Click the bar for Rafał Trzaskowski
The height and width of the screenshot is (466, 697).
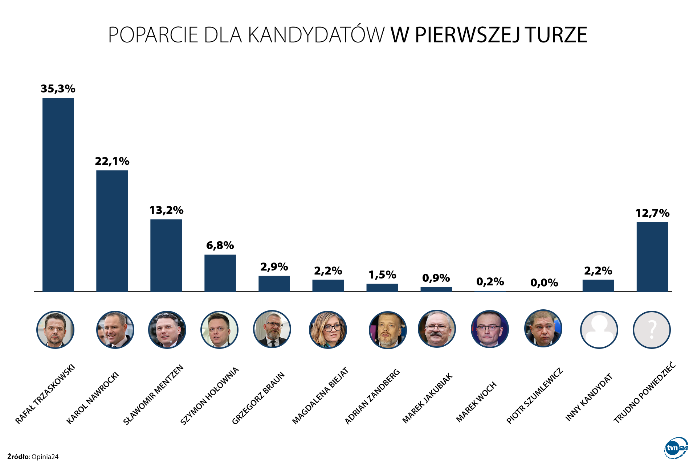(x=58, y=194)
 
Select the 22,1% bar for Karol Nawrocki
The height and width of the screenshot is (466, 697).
(x=112, y=231)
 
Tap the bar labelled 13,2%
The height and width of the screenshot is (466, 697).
(x=166, y=255)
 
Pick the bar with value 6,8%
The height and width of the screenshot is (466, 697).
(x=220, y=273)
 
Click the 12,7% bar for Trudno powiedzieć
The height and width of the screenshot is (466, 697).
(x=652, y=256)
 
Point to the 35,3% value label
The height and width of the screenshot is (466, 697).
(x=58, y=89)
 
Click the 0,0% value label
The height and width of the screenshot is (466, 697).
(x=544, y=283)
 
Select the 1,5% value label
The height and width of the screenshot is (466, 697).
(x=382, y=275)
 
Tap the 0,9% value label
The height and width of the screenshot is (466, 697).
(x=436, y=278)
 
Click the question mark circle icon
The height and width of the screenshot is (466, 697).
(x=652, y=330)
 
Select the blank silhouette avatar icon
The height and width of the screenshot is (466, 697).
(x=599, y=330)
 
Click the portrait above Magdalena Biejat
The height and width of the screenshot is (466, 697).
(x=328, y=330)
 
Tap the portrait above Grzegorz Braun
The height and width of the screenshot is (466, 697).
(x=272, y=329)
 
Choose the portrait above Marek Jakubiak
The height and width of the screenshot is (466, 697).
(x=437, y=329)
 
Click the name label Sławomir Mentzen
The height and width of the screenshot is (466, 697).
(x=154, y=395)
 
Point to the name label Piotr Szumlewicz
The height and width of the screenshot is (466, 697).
(x=534, y=396)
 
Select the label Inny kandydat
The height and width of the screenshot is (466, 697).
(x=589, y=397)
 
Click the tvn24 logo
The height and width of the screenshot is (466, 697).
(x=676, y=448)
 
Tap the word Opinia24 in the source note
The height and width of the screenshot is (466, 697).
(x=45, y=457)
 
